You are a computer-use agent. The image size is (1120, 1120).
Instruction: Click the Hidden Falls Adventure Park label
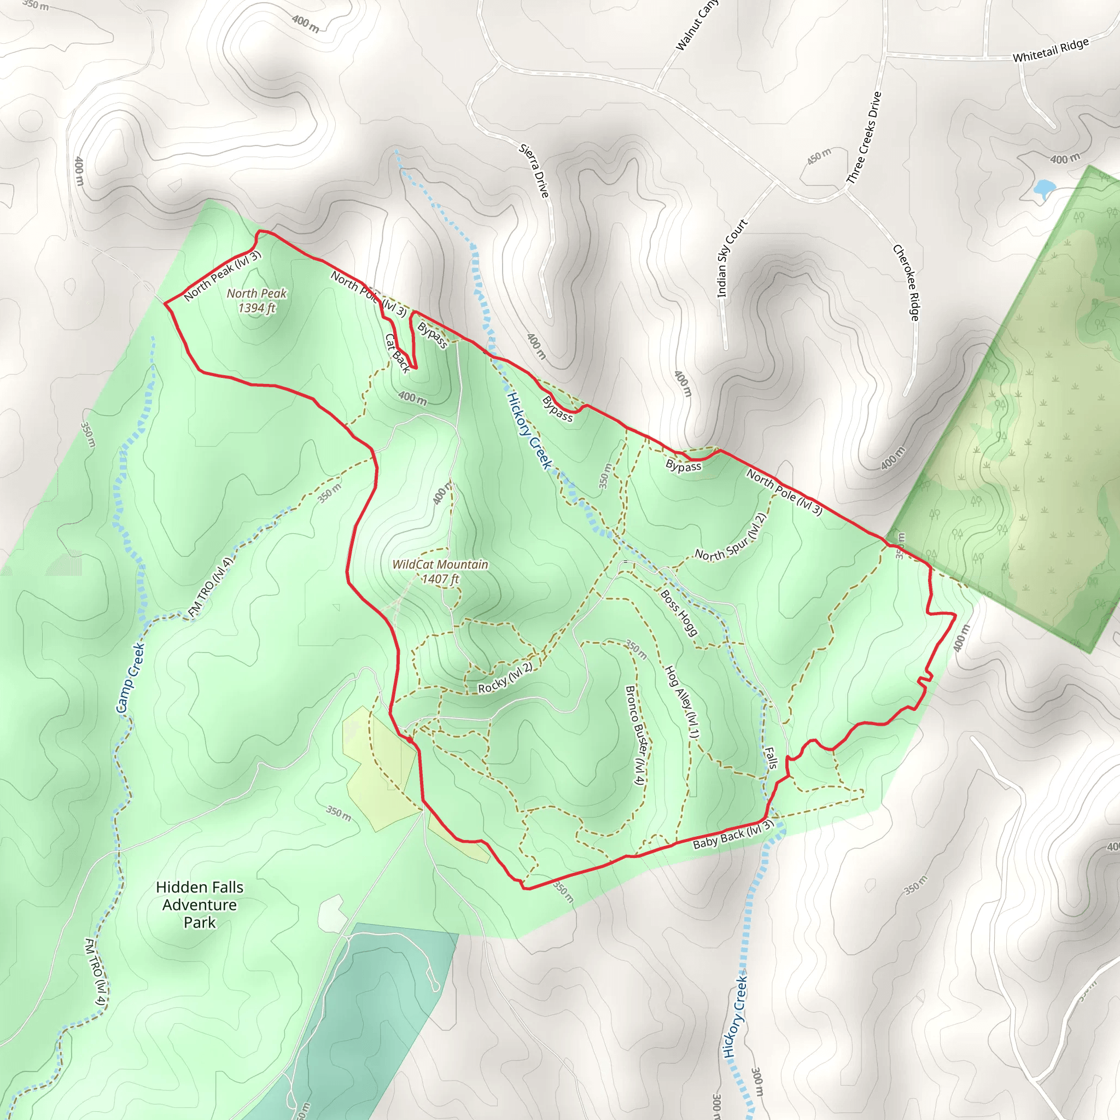[200, 905]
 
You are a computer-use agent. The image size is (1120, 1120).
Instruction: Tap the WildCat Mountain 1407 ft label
[440, 571]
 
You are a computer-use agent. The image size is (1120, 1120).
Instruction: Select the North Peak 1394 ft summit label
[256, 300]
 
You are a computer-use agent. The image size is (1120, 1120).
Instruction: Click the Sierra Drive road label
[534, 171]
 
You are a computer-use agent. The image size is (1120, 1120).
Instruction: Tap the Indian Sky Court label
[732, 258]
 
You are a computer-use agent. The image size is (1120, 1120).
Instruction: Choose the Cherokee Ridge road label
[906, 282]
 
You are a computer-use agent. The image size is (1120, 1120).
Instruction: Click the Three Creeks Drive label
[864, 137]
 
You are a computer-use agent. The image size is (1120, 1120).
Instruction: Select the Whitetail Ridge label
[1051, 50]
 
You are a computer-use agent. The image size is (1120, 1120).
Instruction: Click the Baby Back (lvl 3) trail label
[733, 836]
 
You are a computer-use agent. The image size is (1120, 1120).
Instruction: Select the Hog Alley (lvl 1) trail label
[682, 702]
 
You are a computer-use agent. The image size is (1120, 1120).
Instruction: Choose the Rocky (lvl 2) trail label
[504, 678]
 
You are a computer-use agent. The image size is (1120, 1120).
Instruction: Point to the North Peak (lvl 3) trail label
[222, 276]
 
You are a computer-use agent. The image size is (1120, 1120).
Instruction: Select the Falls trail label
[771, 757]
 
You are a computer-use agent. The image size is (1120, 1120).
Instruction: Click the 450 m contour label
[819, 156]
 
